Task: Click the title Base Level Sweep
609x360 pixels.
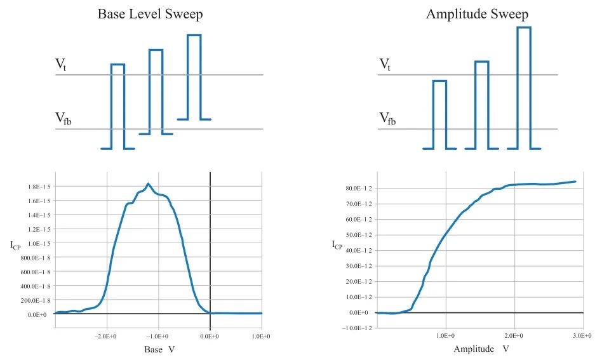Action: (x=151, y=14)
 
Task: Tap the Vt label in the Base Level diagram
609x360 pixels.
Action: (x=60, y=64)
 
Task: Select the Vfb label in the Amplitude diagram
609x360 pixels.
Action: (x=387, y=118)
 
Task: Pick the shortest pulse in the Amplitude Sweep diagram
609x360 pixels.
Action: (x=439, y=114)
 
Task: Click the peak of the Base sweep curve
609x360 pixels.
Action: (x=148, y=184)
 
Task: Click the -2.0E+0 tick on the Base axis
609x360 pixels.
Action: (x=107, y=336)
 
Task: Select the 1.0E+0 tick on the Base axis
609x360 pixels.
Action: (x=262, y=336)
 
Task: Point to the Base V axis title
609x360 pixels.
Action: (x=159, y=349)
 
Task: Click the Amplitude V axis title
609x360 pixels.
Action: (x=481, y=349)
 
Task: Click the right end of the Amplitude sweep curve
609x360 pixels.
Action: (x=575, y=182)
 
